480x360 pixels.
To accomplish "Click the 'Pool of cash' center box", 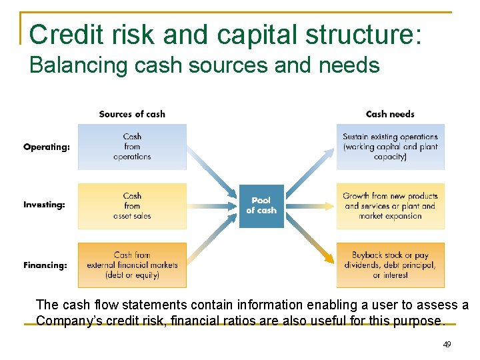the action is (261, 205).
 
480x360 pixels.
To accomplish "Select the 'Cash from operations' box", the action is (132, 147).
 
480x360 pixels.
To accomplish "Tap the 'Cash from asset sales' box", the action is (132, 206).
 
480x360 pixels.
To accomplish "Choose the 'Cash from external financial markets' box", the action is (132, 265).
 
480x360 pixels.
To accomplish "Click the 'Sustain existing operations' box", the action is (390, 147).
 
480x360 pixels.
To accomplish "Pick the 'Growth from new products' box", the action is (390, 206).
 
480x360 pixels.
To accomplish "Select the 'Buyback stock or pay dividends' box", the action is (390, 265).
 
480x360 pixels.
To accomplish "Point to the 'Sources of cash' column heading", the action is (132, 114).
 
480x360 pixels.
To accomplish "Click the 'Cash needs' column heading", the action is (390, 114).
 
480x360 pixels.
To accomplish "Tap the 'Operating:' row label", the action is (47, 147).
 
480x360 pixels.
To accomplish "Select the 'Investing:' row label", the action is (45, 205).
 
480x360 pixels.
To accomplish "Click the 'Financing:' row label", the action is (45, 265).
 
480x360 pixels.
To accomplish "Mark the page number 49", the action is (447, 345).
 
